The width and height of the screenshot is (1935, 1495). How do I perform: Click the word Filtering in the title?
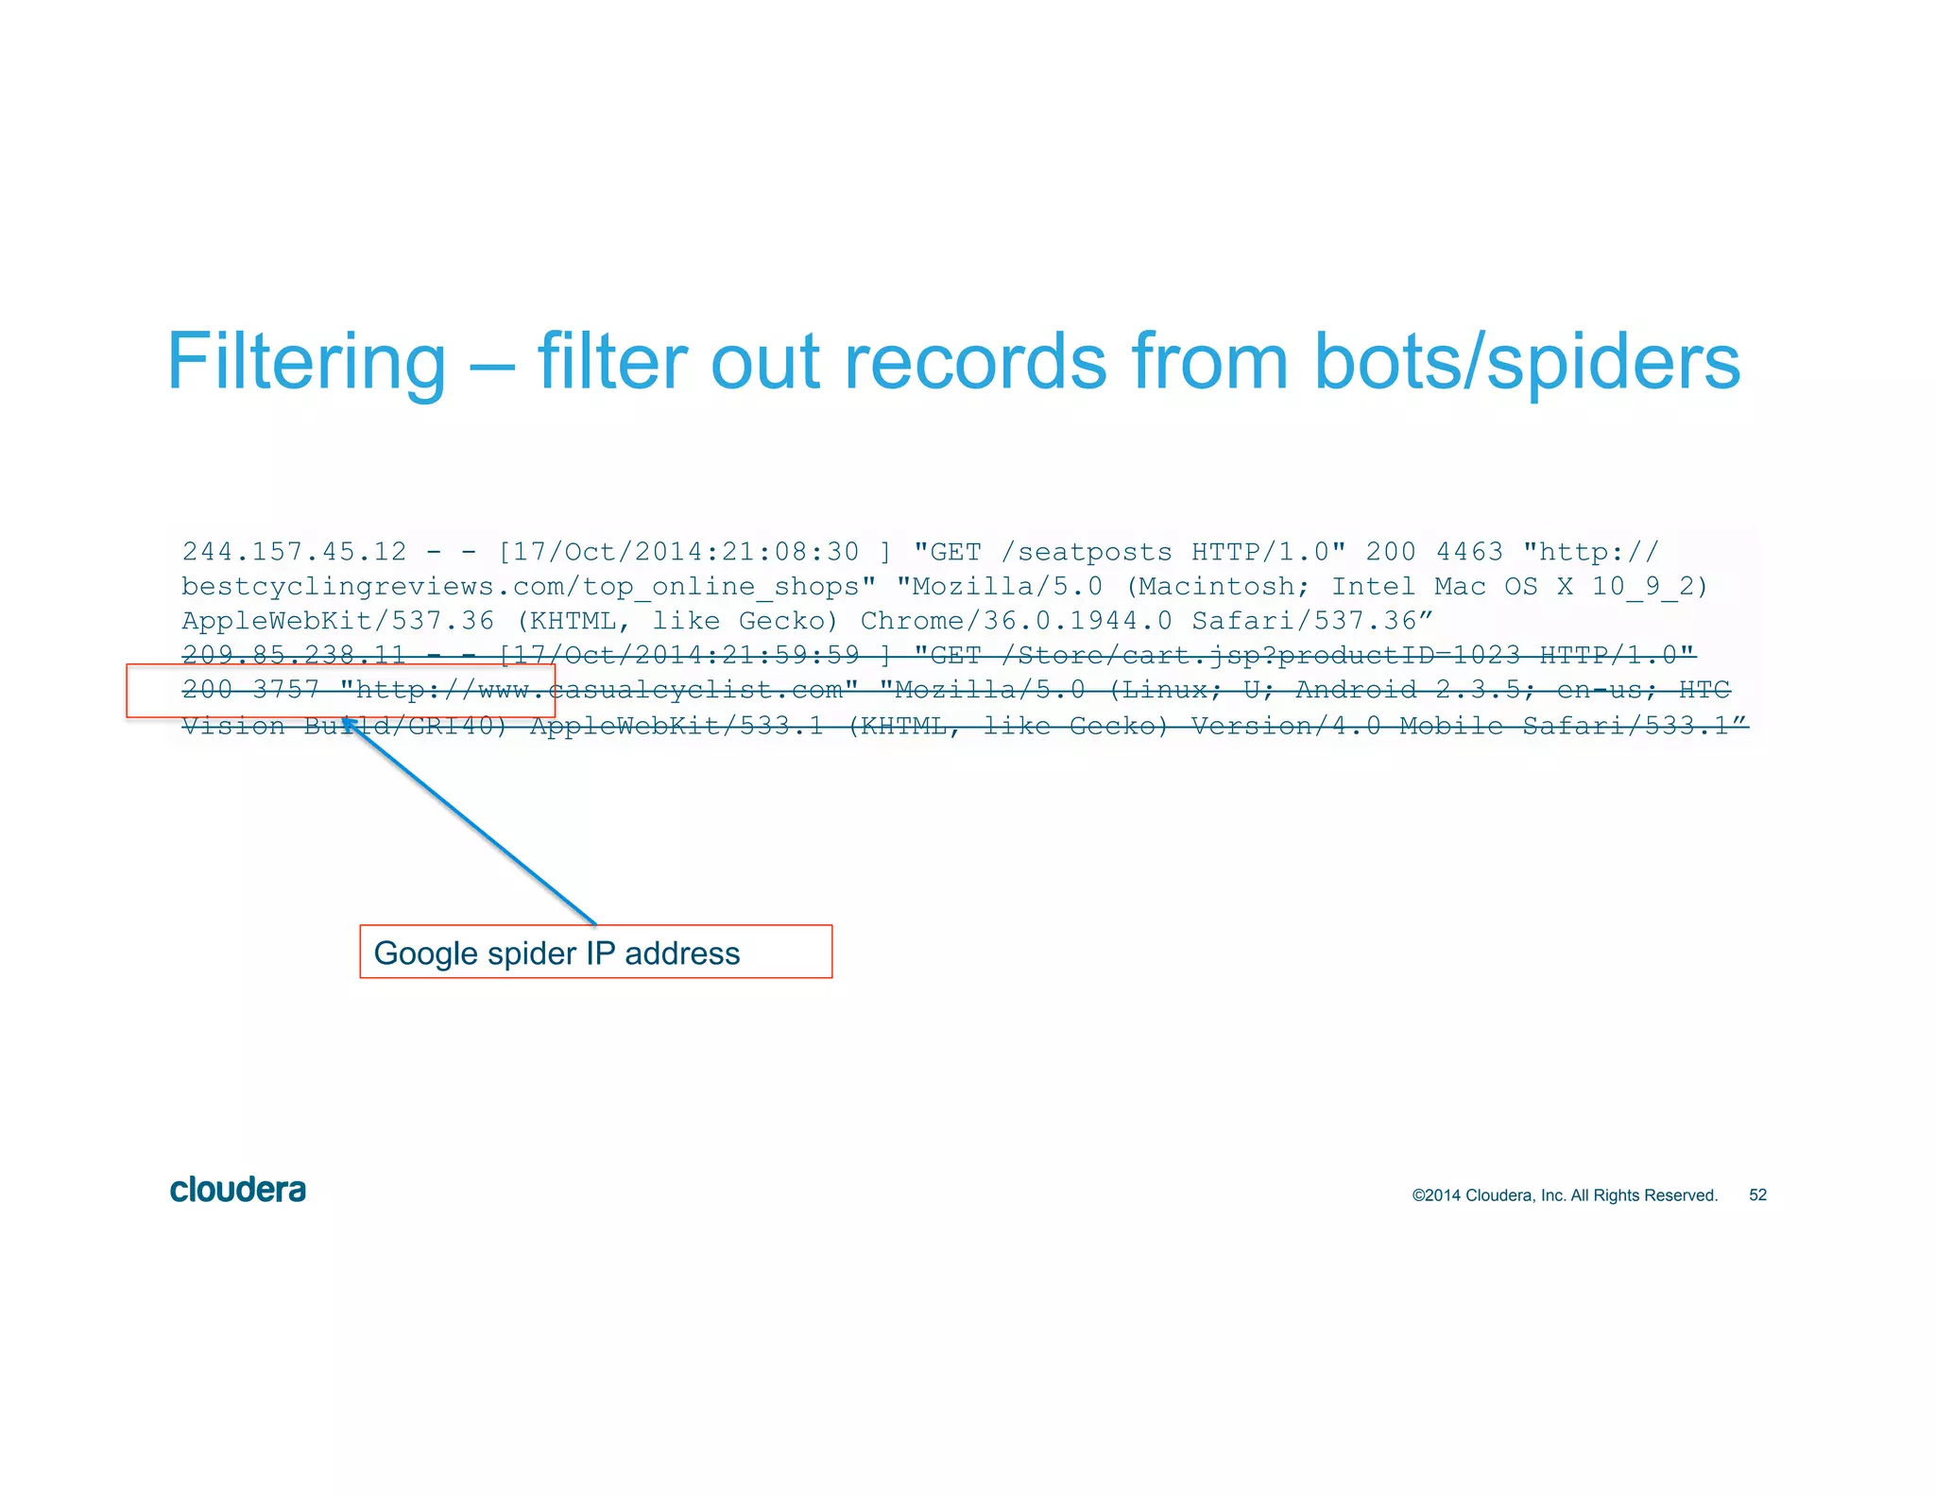[x=306, y=362]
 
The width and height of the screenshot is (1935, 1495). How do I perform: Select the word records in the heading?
[x=973, y=362]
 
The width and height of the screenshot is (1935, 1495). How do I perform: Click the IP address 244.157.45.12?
[x=294, y=551]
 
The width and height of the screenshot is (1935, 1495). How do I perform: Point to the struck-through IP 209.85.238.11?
[x=294, y=654]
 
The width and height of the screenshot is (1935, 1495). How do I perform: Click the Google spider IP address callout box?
[x=595, y=952]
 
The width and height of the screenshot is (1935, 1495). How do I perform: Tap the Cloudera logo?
[x=238, y=1190]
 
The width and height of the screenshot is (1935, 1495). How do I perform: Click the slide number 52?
[x=1757, y=1194]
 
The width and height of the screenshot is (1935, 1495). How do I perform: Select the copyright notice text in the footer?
[x=1564, y=1194]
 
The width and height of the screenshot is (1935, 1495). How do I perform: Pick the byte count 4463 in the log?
[x=1468, y=551]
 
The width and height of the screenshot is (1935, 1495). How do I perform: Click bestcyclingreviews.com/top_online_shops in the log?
[x=528, y=586]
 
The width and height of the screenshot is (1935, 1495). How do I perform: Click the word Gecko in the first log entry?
[x=787, y=621]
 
